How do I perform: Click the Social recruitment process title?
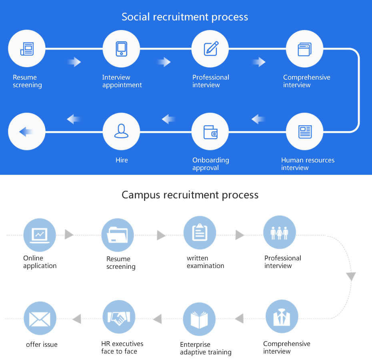coord(185,17)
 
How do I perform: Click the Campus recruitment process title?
coord(190,195)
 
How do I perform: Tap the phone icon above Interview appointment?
coord(121,49)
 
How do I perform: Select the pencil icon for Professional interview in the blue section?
coord(210,49)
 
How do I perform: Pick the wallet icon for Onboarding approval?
coord(210,132)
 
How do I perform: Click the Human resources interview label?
coord(308,164)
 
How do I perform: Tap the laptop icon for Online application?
coord(40,234)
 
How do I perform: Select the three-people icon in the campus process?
coord(279,233)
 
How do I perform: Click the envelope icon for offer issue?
coord(40,318)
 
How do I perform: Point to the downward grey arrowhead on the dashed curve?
coord(351,277)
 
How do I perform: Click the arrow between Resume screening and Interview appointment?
coord(74,62)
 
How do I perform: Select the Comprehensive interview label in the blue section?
coord(307,81)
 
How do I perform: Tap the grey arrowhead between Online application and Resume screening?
coord(69,234)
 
